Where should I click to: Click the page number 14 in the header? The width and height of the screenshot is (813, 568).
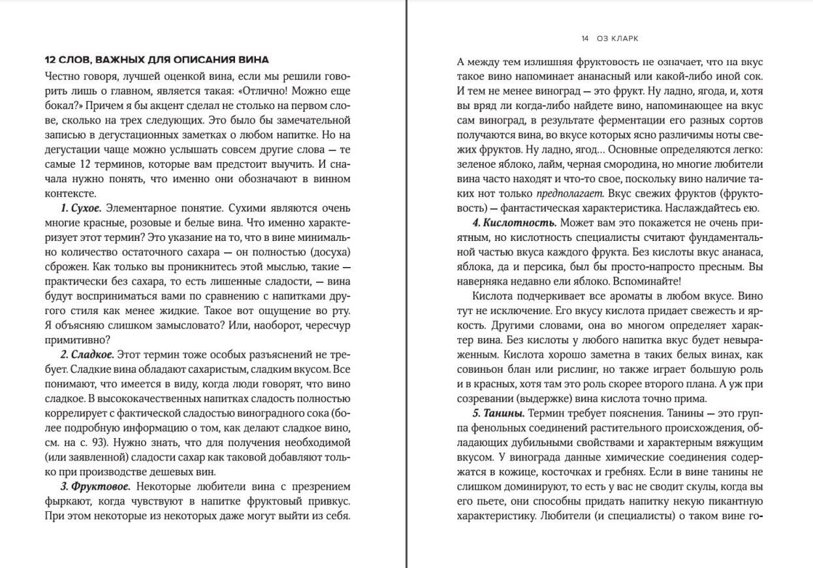[x=585, y=39]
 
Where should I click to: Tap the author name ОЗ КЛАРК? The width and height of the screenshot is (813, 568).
[x=617, y=39]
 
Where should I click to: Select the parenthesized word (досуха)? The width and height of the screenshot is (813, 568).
[x=329, y=252]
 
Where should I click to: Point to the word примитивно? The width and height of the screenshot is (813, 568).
[x=78, y=339]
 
